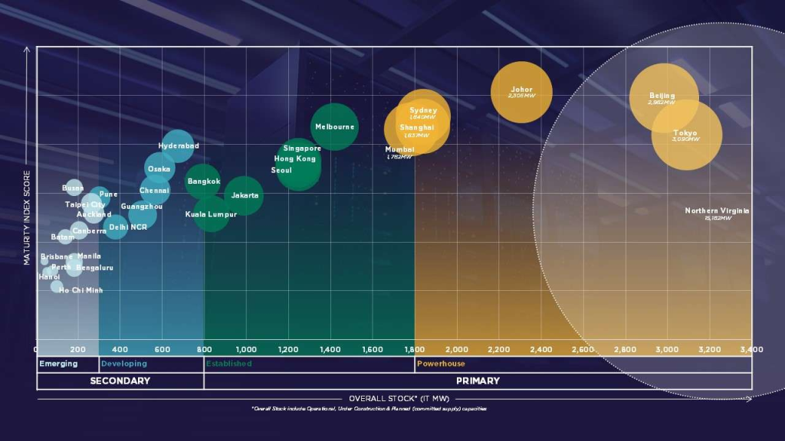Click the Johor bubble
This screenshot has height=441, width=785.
tap(521, 92)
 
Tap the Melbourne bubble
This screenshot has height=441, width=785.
tap(334, 126)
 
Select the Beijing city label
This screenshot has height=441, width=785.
tap(662, 96)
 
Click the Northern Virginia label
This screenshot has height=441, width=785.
tap(718, 211)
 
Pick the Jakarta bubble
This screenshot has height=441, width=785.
tap(245, 196)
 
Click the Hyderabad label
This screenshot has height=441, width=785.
tap(179, 145)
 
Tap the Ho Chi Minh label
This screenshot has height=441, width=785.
tap(80, 290)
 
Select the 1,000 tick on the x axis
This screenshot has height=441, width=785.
tap(246, 349)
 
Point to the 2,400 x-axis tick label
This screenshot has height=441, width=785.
tap(540, 349)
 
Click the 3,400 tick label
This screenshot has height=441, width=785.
tap(751, 349)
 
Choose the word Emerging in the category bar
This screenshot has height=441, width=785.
tap(58, 364)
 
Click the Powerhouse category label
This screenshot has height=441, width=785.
tap(441, 364)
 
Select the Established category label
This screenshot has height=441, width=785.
tap(228, 364)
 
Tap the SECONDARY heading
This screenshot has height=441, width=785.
tap(120, 381)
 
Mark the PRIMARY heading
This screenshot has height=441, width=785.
tap(478, 381)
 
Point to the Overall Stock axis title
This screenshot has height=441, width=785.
tap(394, 398)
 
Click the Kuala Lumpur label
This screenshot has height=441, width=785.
tap(212, 214)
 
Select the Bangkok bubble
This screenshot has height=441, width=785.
tap(203, 181)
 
